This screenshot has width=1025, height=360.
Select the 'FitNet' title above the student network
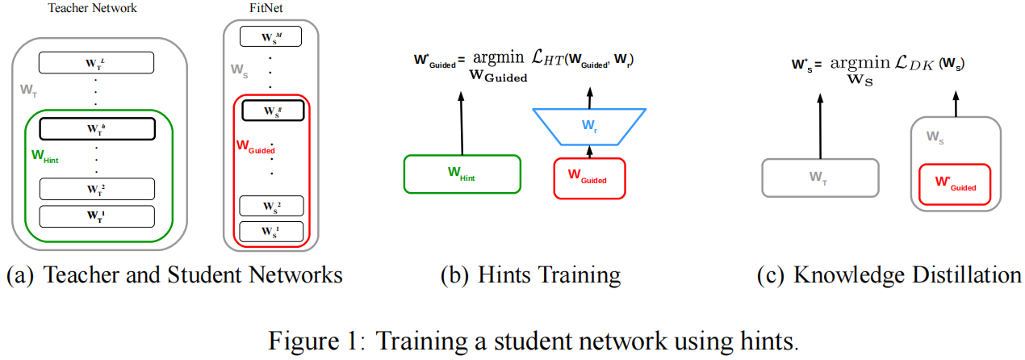270,9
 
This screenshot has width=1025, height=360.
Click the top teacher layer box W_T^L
96,62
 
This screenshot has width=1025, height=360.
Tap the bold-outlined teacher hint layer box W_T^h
96,129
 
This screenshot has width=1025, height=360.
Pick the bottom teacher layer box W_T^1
96,216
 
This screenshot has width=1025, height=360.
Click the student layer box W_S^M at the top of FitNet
271,37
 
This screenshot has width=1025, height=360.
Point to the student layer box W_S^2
271,206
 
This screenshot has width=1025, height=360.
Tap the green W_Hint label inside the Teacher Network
44,157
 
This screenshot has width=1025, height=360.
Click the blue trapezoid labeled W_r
588,125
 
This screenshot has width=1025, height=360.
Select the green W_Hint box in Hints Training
462,174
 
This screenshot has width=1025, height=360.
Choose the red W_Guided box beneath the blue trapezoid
588,178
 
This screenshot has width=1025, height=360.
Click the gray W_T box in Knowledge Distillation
819,178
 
